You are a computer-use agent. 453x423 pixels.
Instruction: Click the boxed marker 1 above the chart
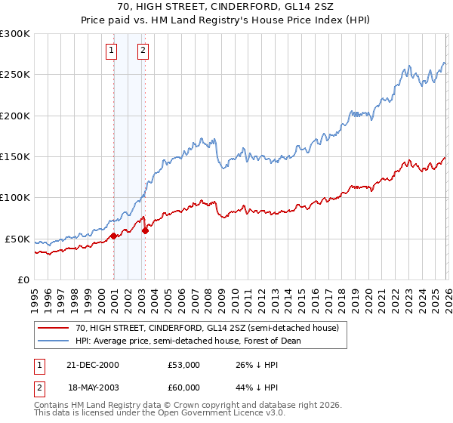111,51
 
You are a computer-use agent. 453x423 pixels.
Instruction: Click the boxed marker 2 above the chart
143,51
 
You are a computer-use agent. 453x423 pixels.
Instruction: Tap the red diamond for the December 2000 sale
113,236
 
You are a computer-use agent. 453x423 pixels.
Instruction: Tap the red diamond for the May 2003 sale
145,230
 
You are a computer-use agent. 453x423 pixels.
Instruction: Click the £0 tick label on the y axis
23,279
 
